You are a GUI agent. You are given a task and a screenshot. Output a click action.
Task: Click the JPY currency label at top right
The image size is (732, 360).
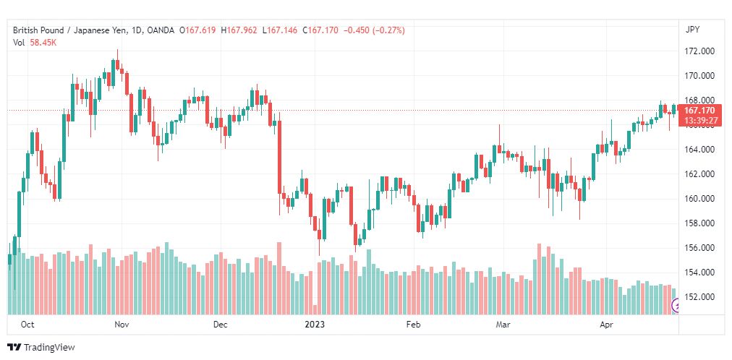pyautogui.click(x=692, y=30)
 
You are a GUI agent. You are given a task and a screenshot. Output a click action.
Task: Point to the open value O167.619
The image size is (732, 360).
pyautogui.click(x=200, y=30)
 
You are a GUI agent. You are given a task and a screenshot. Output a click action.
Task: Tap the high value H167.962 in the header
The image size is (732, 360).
pyautogui.click(x=239, y=30)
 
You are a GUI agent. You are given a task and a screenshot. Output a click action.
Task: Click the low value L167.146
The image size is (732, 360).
pyautogui.click(x=280, y=30)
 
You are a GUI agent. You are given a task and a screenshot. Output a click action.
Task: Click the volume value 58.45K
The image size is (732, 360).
pyautogui.click(x=43, y=43)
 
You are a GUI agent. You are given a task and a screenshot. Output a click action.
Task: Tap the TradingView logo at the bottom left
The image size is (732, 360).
pyautogui.click(x=41, y=348)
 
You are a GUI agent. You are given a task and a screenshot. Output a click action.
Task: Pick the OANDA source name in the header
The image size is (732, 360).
pyautogui.click(x=160, y=30)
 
